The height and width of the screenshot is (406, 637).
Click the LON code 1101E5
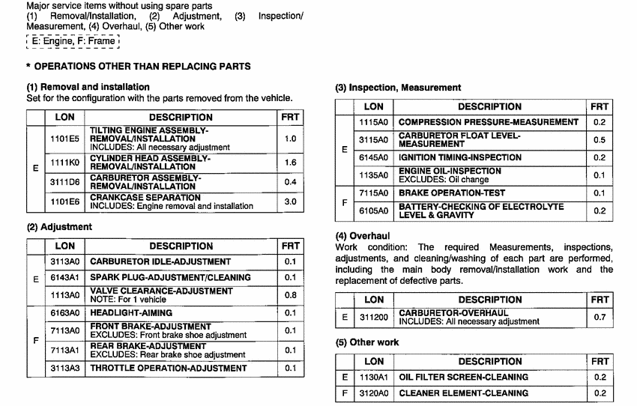click(65, 139)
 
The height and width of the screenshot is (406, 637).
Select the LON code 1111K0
click(65, 163)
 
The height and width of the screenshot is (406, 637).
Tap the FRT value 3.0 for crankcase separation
click(290, 202)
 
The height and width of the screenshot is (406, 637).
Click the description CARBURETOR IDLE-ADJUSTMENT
click(160, 261)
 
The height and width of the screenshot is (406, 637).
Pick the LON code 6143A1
click(65, 277)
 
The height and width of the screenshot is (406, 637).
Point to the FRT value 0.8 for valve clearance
click(290, 295)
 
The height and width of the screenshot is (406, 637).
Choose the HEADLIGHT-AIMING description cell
click(131, 312)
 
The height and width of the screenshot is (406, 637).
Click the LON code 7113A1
click(65, 350)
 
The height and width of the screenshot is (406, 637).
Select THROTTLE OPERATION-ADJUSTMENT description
click(169, 368)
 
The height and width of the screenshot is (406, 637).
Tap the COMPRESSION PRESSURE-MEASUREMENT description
click(489, 121)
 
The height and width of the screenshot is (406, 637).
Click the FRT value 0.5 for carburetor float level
click(600, 140)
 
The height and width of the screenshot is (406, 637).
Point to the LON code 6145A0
click(373, 157)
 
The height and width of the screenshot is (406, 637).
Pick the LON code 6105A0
click(373, 211)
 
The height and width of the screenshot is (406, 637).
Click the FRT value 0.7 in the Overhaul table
click(600, 317)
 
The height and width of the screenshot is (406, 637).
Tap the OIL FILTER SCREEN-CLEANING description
click(463, 377)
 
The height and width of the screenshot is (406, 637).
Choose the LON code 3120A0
click(373, 393)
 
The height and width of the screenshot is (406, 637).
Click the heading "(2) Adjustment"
click(59, 226)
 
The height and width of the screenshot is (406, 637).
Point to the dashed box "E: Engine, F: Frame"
click(73, 41)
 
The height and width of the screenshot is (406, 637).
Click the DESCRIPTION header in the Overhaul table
click(489, 300)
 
